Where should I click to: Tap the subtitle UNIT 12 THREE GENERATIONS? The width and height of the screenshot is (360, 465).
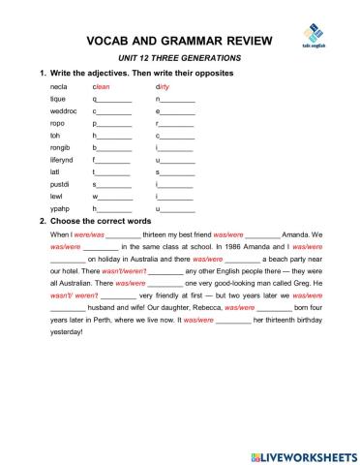pyautogui.click(x=165, y=59)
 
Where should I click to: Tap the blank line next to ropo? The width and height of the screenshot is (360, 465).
pyautogui.click(x=114, y=125)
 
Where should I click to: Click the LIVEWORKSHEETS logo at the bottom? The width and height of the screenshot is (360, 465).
pyautogui.click(x=301, y=453)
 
